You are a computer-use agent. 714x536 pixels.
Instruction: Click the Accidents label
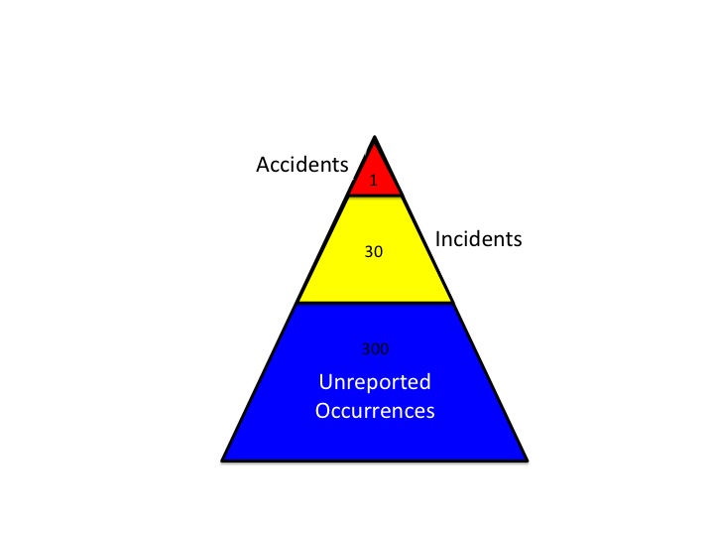coord(301,166)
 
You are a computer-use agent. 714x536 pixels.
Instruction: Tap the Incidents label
coord(478,239)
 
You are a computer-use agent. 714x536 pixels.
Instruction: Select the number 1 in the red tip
coord(374,182)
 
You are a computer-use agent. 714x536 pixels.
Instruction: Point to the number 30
coord(374,252)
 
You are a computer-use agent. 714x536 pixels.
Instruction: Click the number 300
coord(375,348)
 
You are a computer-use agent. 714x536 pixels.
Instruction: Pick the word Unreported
coord(375,381)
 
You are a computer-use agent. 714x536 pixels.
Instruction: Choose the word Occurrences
coord(375,409)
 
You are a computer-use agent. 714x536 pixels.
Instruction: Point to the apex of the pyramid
coord(374,137)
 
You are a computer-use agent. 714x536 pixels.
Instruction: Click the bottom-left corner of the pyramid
coord(223,460)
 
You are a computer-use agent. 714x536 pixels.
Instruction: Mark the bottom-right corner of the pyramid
coord(526,460)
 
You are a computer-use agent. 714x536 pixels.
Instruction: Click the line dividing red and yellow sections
coord(374,196)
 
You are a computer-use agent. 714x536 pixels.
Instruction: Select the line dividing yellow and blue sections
coord(374,303)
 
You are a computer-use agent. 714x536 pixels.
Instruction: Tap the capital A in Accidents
coord(264,166)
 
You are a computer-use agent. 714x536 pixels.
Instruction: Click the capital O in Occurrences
coord(323,409)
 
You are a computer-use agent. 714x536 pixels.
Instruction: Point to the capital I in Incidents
coord(438,239)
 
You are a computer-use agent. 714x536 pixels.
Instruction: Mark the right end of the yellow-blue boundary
coord(452,302)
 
